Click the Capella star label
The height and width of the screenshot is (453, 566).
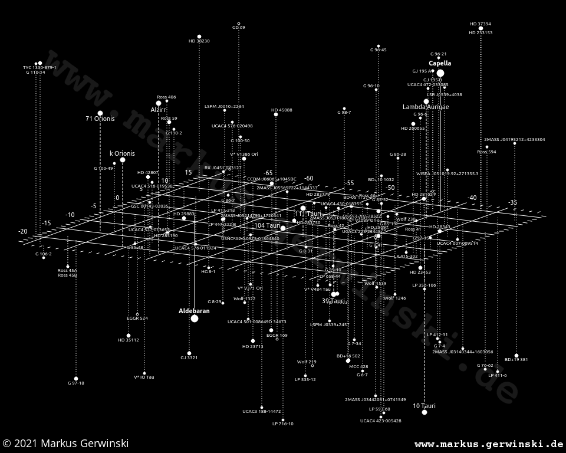point(440,63)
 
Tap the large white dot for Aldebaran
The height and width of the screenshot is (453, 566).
point(195,319)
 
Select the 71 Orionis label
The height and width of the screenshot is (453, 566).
point(100,119)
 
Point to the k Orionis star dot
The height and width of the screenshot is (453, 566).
point(123,160)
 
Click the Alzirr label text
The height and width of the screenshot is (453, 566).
point(158,110)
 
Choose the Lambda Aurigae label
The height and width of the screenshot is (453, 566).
point(426,107)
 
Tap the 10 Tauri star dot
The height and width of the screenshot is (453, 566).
point(424,412)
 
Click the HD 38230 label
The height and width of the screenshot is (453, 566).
point(199,41)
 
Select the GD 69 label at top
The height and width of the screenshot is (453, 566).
point(239,28)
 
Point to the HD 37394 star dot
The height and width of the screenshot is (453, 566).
point(481,28)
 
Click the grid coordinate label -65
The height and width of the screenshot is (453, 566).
point(268,173)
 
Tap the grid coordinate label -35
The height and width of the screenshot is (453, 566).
point(512,203)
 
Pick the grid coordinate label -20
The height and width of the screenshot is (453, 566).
point(23,232)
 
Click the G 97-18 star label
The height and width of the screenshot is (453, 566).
point(76,383)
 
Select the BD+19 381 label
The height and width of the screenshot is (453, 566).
point(516,360)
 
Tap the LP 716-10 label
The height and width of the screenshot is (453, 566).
point(283,424)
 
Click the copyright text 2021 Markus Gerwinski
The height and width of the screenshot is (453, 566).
point(65,444)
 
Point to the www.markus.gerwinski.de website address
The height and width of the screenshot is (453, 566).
point(489,444)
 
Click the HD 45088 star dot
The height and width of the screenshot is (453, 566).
point(276,114)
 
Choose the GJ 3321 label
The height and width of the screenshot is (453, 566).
point(189,358)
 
